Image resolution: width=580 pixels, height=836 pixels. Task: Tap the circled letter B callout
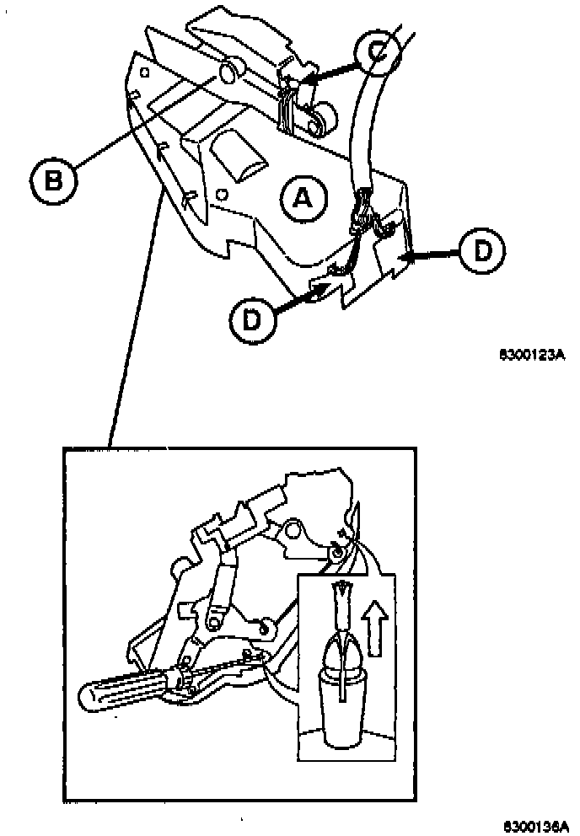pyautogui.click(x=53, y=179)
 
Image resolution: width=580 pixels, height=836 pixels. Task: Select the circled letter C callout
pyautogui.click(x=377, y=51)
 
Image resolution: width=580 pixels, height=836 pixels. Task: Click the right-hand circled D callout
pyautogui.click(x=482, y=251)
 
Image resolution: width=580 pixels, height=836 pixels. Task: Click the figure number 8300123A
pyautogui.click(x=531, y=356)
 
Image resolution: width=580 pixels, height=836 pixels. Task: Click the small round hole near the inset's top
pyautogui.click(x=293, y=530)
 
